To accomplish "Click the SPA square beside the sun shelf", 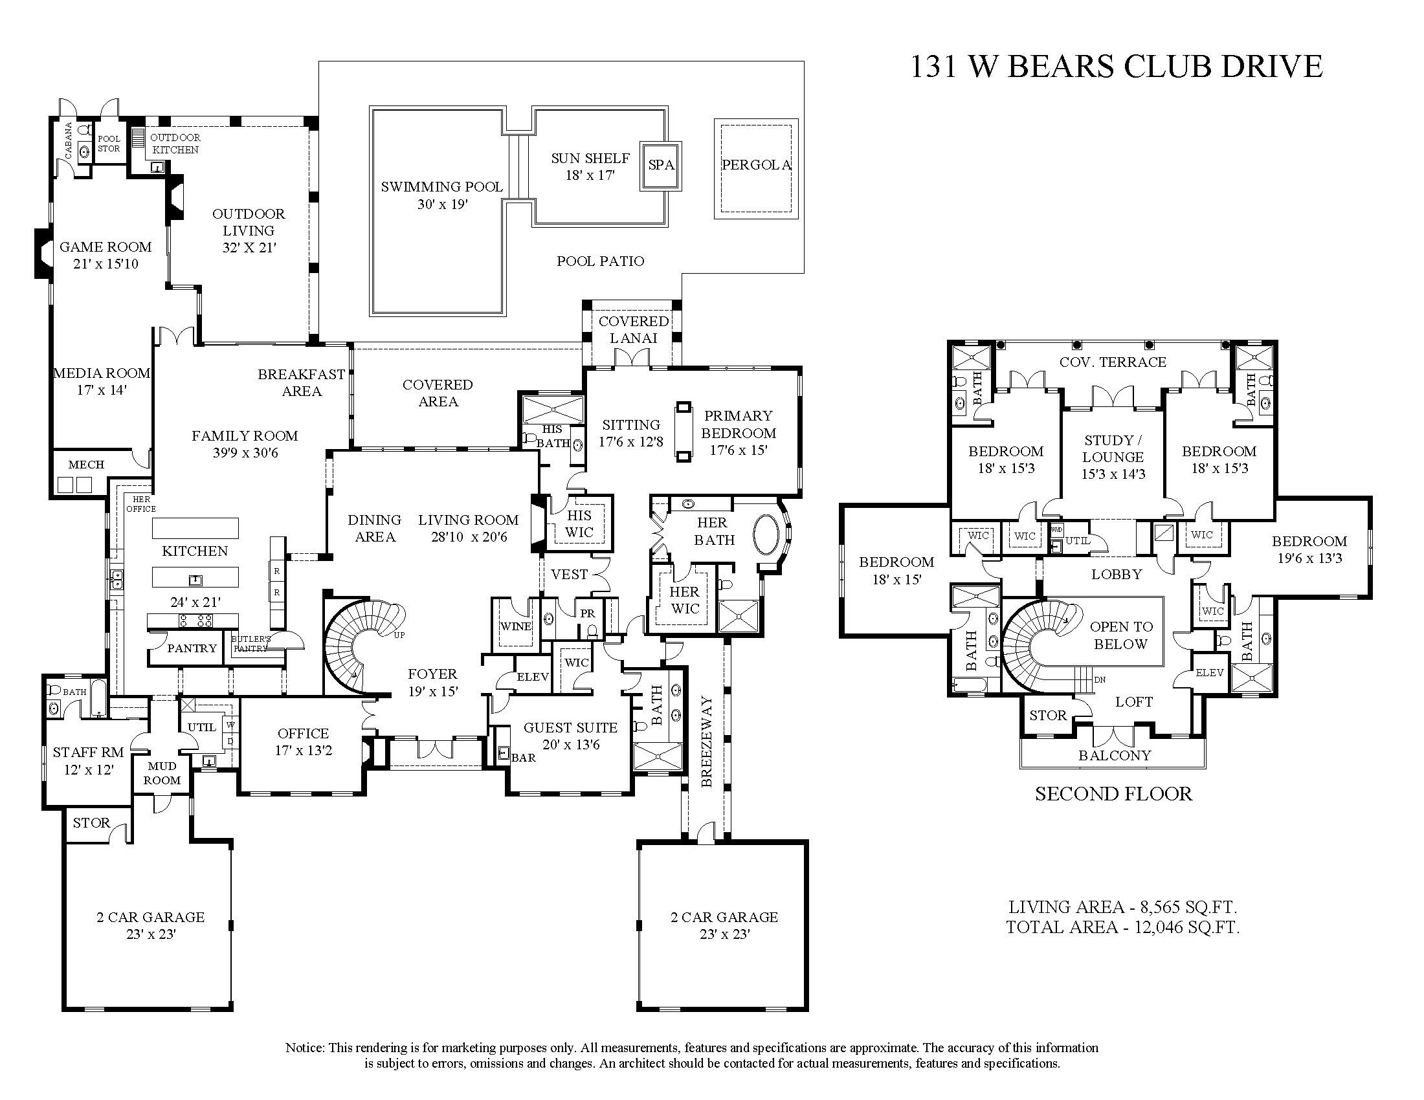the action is pyautogui.click(x=660, y=166).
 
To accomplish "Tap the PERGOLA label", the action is pyautogui.click(x=756, y=165).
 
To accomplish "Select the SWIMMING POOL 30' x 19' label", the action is pyautogui.click(x=442, y=195).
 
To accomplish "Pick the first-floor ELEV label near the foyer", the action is pyautogui.click(x=532, y=677).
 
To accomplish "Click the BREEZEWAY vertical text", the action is pyautogui.click(x=707, y=742).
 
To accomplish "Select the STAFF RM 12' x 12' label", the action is pyautogui.click(x=88, y=760).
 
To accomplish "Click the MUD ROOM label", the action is pyautogui.click(x=162, y=773).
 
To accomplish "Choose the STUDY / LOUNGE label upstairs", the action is pyautogui.click(x=1113, y=457).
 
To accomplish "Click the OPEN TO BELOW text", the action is pyautogui.click(x=1120, y=635).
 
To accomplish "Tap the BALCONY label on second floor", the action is pyautogui.click(x=1115, y=755).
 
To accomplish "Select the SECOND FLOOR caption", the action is pyautogui.click(x=1113, y=794).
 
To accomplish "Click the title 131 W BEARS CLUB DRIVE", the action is pyautogui.click(x=1116, y=67).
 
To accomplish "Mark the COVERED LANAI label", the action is pyautogui.click(x=633, y=329).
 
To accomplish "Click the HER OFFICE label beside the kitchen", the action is pyautogui.click(x=141, y=503).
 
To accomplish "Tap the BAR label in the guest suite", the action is pyautogui.click(x=523, y=758).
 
